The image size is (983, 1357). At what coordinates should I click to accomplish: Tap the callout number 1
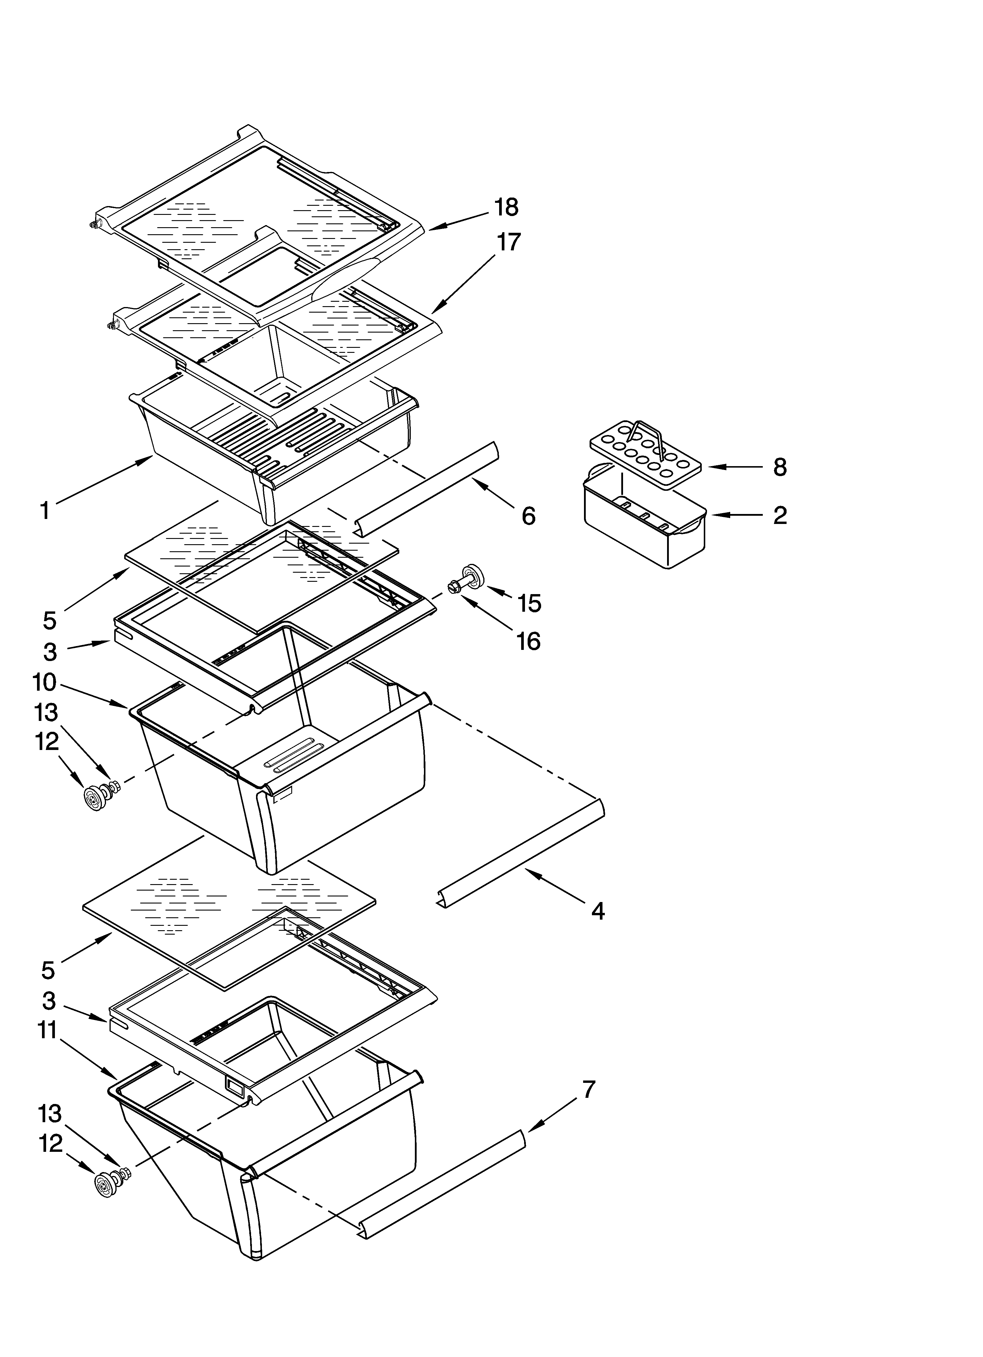point(45,510)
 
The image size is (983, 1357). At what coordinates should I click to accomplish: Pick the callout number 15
point(529,603)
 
